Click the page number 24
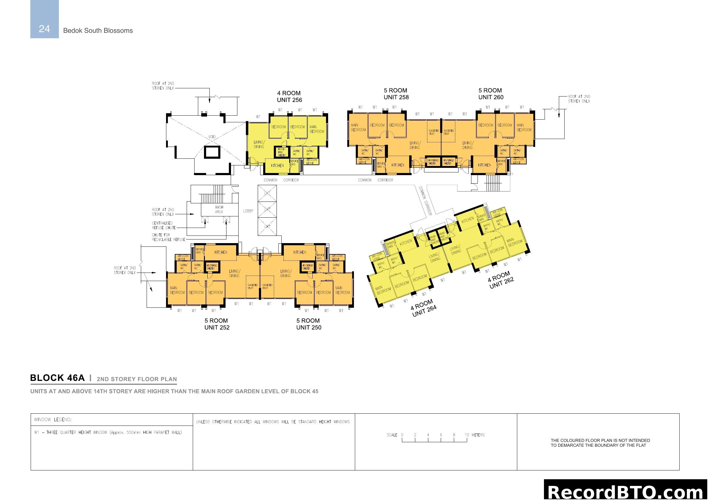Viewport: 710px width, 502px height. [x=44, y=29]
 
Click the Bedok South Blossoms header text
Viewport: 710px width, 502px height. [x=98, y=31]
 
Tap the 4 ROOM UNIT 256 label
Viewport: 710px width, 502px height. [x=289, y=97]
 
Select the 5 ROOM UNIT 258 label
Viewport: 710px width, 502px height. [x=396, y=94]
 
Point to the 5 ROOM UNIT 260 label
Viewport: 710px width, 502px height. [x=491, y=94]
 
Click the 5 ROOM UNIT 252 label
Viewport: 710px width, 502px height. [x=217, y=324]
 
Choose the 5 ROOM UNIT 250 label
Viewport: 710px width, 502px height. [x=309, y=324]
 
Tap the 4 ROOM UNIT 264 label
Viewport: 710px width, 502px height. [x=424, y=308]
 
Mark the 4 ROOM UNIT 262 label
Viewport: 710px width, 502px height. [x=500, y=280]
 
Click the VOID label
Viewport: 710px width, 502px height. [x=212, y=137]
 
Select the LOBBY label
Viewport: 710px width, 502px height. [x=248, y=211]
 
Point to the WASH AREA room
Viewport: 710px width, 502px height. [x=219, y=210]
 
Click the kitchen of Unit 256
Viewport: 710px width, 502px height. [x=277, y=166]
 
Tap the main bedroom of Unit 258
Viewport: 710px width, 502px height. [x=358, y=128]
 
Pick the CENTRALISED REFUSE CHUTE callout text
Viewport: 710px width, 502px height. [x=164, y=225]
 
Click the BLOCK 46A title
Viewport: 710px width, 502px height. [x=57, y=378]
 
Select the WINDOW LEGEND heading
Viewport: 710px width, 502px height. [x=53, y=419]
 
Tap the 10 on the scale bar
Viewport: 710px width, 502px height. [x=467, y=435]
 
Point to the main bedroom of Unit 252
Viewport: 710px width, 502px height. [x=177, y=290]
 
